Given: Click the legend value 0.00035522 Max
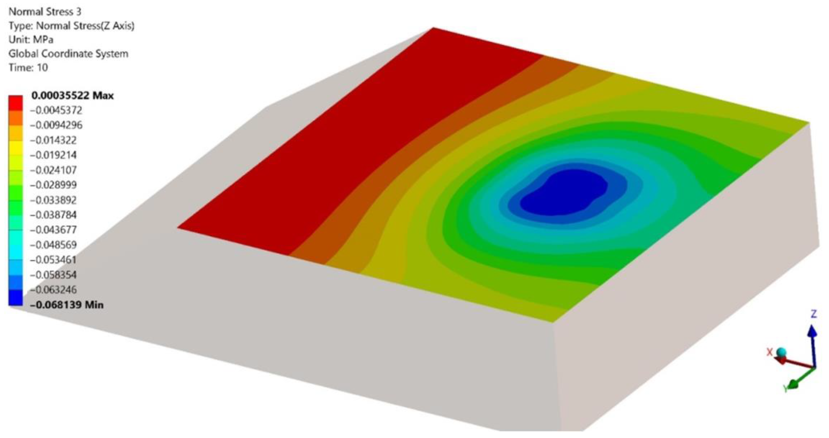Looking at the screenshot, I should [x=72, y=96].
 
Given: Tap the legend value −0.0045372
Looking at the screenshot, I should [x=56, y=110].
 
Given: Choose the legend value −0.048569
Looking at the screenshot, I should [x=53, y=245].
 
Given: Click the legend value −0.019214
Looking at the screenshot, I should [x=53, y=155].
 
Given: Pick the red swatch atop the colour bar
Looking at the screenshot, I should [x=16, y=103].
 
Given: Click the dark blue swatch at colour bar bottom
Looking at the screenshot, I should [x=16, y=298].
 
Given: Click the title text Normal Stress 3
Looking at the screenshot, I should [x=45, y=12].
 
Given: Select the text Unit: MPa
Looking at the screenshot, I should [x=31, y=40].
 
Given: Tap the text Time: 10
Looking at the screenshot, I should [x=28, y=68].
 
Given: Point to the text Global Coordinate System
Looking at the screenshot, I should [x=68, y=53].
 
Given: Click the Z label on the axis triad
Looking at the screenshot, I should [x=813, y=314].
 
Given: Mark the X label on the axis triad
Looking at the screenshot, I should [x=769, y=352].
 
